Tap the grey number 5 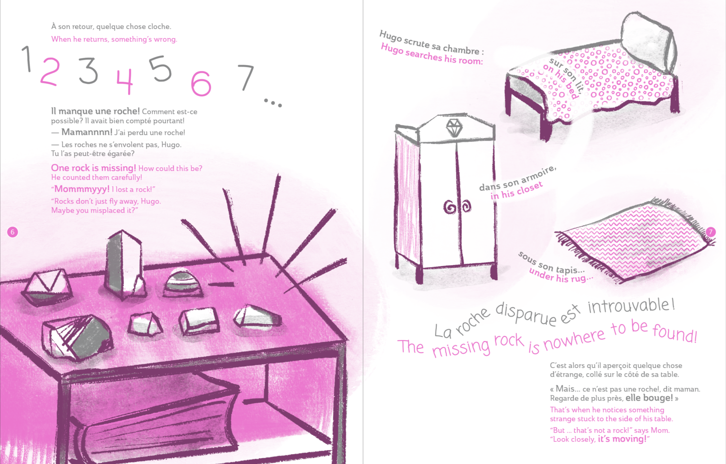[x=160, y=69]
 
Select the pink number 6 [x=201, y=84]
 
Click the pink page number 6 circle [x=12, y=232]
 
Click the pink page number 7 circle [x=711, y=232]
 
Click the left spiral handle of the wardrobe [x=449, y=207]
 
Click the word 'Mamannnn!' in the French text [x=87, y=132]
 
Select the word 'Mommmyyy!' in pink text [x=82, y=189]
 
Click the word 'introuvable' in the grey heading [x=631, y=306]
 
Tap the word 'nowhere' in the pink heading [x=574, y=341]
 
